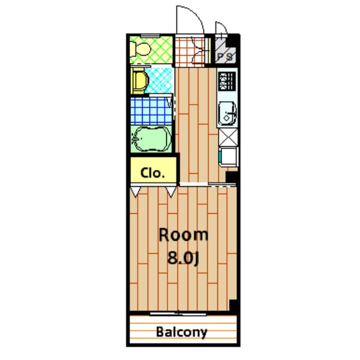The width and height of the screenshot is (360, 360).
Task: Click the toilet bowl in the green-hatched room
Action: pyautogui.click(x=139, y=49)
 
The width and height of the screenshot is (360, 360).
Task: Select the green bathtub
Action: pyautogui.click(x=151, y=138)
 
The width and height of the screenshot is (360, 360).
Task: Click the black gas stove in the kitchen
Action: pyautogui.click(x=227, y=81)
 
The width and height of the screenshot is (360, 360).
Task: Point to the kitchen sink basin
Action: pyautogui.click(x=227, y=114)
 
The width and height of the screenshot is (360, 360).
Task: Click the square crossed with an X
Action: pyautogui.click(x=228, y=137)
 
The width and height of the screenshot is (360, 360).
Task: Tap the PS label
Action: pyautogui.click(x=225, y=56)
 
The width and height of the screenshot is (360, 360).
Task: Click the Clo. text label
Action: pyautogui.click(x=152, y=173)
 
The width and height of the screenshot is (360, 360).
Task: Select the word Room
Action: pyautogui.click(x=183, y=235)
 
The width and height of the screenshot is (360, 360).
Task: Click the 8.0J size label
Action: pyautogui.click(x=183, y=258)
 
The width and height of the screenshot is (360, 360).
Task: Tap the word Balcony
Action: pyautogui.click(x=182, y=332)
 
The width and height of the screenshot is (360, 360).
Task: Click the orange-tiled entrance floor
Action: pyautogui.click(x=190, y=51)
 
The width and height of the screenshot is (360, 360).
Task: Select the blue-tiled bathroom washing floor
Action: pyautogui.click(x=151, y=111)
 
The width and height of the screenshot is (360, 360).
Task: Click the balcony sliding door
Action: pyautogui.click(x=178, y=314)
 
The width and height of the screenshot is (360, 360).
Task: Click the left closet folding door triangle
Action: pyautogui.click(x=135, y=192)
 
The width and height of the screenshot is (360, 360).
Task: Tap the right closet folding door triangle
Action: pyautogui.click(x=171, y=192)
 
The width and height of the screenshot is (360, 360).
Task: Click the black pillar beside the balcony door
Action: pyautogui.click(x=233, y=306)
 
